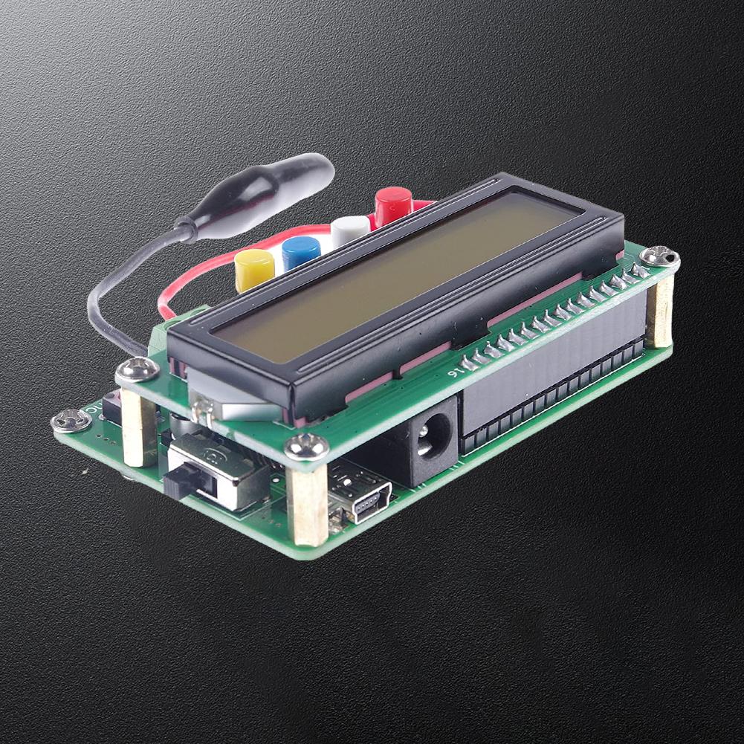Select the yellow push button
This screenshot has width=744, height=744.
click(x=254, y=269)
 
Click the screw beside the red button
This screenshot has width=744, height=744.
click(x=659, y=257)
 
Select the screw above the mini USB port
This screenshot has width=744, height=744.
click(x=306, y=446)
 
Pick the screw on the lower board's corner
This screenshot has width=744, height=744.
click(x=71, y=421)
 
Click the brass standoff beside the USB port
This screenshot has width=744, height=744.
click(x=308, y=505)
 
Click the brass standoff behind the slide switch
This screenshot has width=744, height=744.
click(x=139, y=427)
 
